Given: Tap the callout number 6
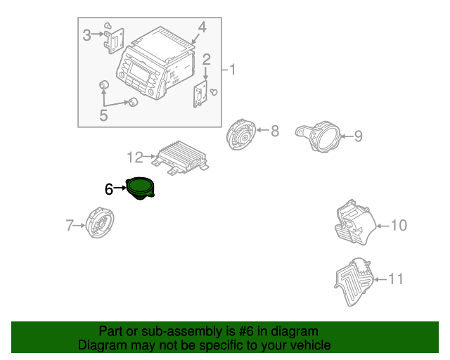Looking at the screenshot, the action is coord(109,189).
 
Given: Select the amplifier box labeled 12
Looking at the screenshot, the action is coord(181,157).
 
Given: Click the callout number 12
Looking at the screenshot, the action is coord(135,157).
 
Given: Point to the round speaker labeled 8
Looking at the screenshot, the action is coord(240,134).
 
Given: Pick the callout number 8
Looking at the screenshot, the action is coord(275,131).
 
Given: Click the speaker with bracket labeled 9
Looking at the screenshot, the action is coord(318,136).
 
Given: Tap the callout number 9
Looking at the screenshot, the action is coord(358,136).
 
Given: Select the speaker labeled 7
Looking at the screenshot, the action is coord(100,222).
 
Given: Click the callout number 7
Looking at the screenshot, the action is coord(70,226).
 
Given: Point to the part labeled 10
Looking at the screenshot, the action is coord(355,222).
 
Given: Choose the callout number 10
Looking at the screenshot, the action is coord(399,226).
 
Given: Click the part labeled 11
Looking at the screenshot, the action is coord(354,282).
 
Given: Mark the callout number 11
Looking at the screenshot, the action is coord(395,278).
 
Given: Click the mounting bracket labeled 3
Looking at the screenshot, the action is coord(114,41).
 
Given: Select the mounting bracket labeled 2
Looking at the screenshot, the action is coord(200,94).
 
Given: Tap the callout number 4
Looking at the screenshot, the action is coord(202,27).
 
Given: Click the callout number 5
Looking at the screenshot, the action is coord(103,115).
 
